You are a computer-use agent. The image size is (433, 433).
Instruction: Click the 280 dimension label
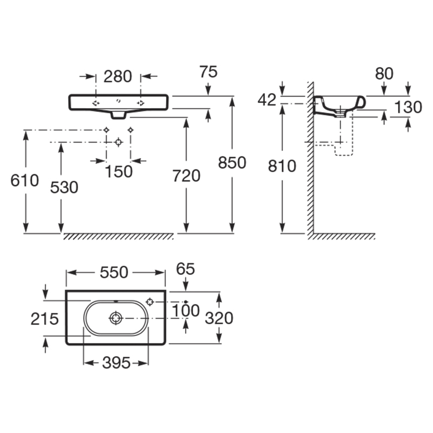click(117, 76)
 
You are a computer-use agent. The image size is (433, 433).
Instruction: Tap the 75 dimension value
click(208, 72)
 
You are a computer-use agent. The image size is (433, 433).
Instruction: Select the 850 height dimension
click(232, 162)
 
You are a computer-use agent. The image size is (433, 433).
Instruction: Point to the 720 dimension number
click(186, 175)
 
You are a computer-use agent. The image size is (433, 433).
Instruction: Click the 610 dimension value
click(24, 181)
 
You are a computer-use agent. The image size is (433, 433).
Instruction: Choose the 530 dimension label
click(64, 187)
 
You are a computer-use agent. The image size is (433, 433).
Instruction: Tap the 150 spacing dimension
click(119, 172)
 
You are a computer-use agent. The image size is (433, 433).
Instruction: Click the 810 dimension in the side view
click(282, 166)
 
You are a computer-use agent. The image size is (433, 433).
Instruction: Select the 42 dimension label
click(267, 100)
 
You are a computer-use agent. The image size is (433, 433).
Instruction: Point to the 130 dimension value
click(408, 107)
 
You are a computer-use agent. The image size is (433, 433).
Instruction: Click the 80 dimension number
click(384, 74)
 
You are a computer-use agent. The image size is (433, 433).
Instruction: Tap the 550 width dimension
click(114, 273)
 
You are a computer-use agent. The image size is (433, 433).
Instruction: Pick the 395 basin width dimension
click(116, 363)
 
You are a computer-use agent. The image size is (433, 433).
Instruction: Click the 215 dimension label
click(44, 319)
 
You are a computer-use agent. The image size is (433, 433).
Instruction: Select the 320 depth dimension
click(219, 318)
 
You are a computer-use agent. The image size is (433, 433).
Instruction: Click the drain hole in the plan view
click(116, 318)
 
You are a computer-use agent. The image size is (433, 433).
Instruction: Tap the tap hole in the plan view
click(150, 302)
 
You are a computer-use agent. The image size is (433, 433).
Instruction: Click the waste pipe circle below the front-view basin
click(119, 142)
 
